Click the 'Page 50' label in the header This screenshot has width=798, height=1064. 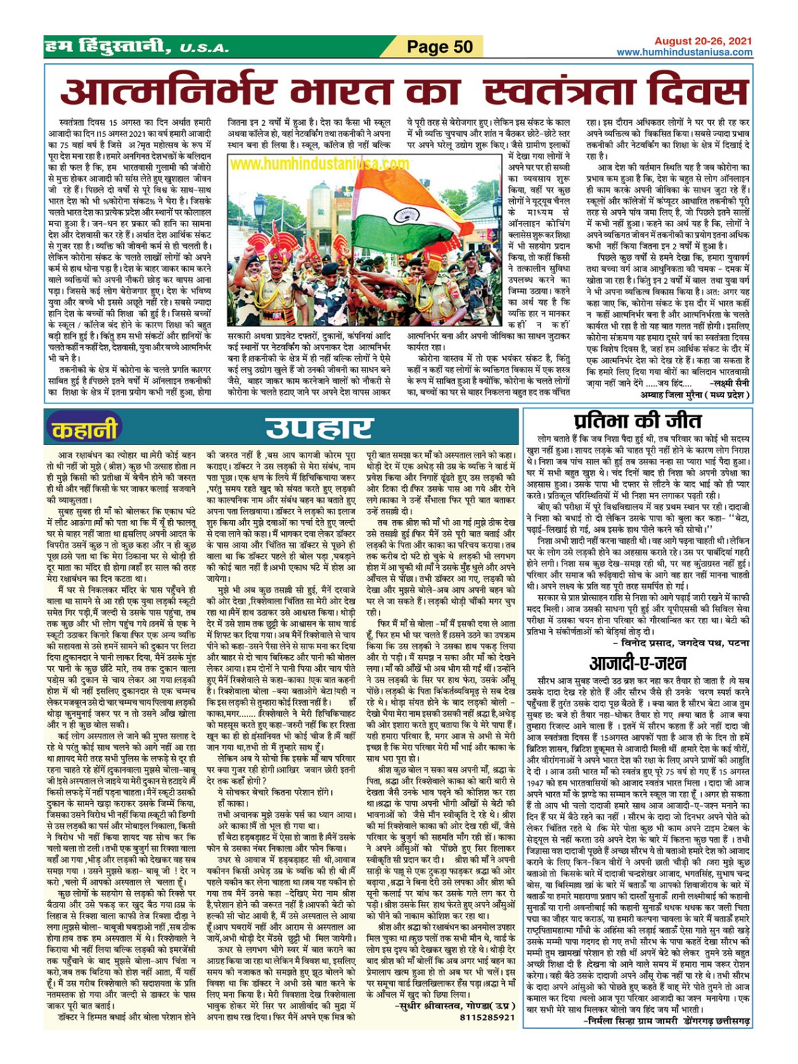[x=440, y=47]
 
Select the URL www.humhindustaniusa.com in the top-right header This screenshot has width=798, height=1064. [x=684, y=52]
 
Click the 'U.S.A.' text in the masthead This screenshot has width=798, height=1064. [x=204, y=48]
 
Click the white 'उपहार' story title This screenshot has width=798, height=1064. [x=318, y=428]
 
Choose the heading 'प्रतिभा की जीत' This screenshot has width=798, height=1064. [x=637, y=421]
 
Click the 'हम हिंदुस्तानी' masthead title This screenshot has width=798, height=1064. [x=105, y=48]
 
